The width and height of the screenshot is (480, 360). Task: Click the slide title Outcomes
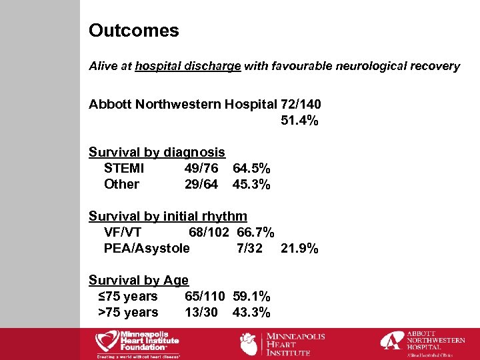click(x=134, y=31)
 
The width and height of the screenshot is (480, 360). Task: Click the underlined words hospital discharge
click(x=187, y=66)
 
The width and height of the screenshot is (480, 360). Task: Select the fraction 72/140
click(x=301, y=105)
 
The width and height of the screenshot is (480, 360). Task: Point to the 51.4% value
click(x=296, y=121)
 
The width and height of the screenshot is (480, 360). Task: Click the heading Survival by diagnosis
click(x=157, y=153)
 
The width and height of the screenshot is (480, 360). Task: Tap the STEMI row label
click(x=124, y=169)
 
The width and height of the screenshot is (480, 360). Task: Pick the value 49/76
click(x=201, y=169)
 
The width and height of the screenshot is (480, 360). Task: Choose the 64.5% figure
click(x=251, y=169)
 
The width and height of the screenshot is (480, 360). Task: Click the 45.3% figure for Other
click(x=251, y=185)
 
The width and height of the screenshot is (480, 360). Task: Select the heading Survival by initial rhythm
click(x=168, y=217)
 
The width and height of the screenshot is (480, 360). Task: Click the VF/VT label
click(x=123, y=233)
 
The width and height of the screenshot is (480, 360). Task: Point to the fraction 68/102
click(x=209, y=233)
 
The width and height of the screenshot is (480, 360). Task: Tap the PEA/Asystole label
click(x=147, y=249)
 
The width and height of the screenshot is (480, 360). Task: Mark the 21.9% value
click(x=299, y=249)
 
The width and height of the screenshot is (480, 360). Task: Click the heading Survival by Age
click(x=139, y=281)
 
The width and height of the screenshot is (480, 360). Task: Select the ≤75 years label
click(x=128, y=297)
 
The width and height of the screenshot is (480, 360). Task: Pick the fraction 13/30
click(x=201, y=313)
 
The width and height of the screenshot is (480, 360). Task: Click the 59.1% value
click(x=251, y=297)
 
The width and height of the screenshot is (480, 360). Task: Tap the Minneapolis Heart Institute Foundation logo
click(x=137, y=343)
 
